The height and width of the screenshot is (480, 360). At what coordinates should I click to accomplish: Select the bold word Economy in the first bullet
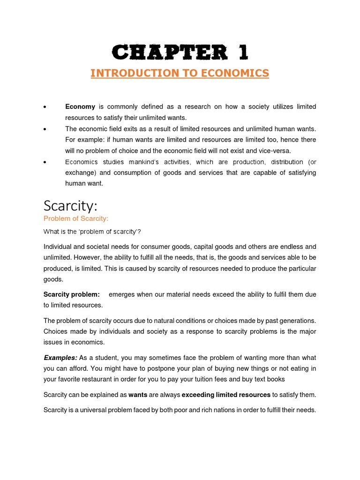80,107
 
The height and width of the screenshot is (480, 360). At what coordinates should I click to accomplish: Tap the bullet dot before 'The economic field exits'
44,129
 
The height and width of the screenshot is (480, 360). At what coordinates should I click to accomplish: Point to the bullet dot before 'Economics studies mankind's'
44,162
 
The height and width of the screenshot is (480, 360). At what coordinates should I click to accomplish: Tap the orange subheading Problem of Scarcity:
76,218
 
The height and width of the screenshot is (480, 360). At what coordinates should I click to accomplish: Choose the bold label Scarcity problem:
71,294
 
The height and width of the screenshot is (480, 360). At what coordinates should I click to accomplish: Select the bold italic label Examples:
60,358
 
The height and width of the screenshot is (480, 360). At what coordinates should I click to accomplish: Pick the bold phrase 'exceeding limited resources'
226,395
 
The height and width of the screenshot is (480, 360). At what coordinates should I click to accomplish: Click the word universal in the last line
97,410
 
